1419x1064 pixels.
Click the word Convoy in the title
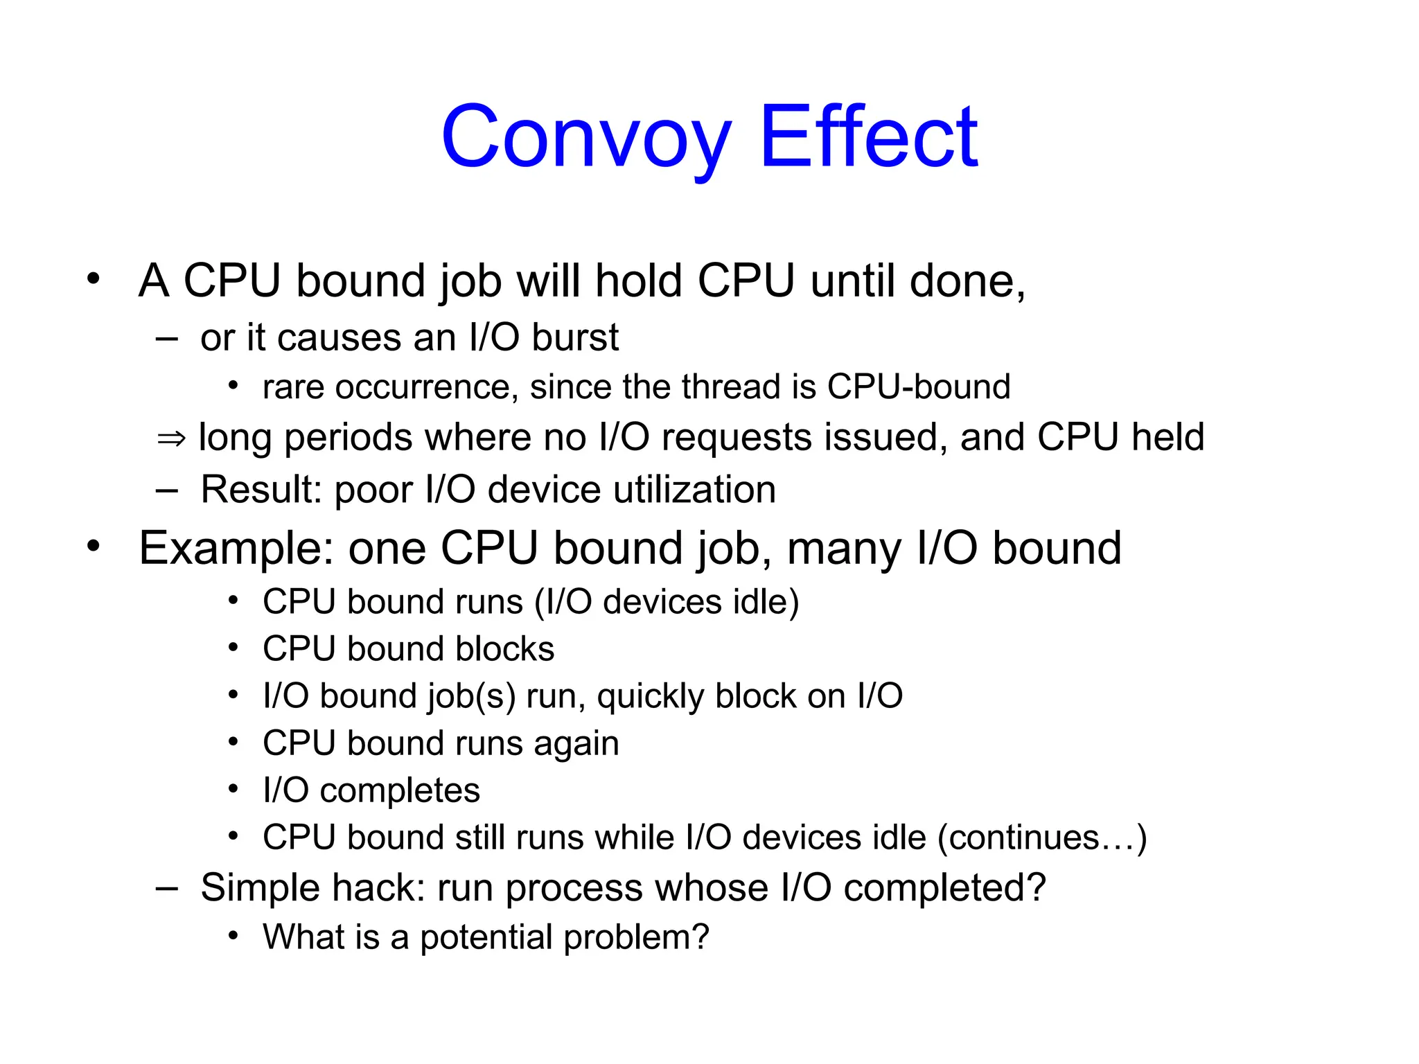586,137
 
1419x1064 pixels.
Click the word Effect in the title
869,137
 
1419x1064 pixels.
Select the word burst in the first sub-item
575,338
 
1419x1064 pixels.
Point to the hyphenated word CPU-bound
919,387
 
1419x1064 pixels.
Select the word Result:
261,490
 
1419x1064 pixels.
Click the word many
844,549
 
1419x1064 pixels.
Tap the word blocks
505,649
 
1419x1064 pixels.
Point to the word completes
400,790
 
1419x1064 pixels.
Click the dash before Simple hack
167,888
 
